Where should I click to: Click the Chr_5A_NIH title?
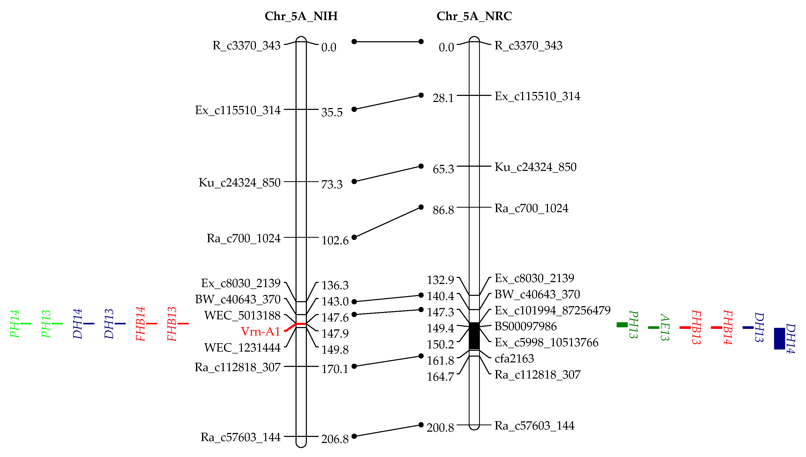coord(301,16)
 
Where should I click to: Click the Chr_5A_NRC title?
coord(474,16)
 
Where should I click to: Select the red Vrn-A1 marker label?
coord(260,332)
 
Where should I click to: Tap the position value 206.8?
coord(335,439)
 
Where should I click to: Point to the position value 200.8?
coord(440,427)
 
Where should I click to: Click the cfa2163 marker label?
coord(514,358)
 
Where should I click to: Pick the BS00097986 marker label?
coord(526,327)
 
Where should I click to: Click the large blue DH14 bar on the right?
coord(779,338)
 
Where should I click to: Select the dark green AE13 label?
coord(664,327)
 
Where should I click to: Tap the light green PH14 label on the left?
coord(15,324)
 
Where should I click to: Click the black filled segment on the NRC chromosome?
coord(474,336)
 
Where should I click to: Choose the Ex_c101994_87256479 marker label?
coord(552,310)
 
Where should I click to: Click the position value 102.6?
coord(335,241)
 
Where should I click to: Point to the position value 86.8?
coord(443,210)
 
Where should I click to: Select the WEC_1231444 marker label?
coord(242,348)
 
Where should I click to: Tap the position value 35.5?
coord(332,112)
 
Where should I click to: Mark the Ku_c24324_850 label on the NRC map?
coord(536,167)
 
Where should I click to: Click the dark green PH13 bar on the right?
coord(622,325)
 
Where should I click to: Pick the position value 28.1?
coord(443,98)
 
